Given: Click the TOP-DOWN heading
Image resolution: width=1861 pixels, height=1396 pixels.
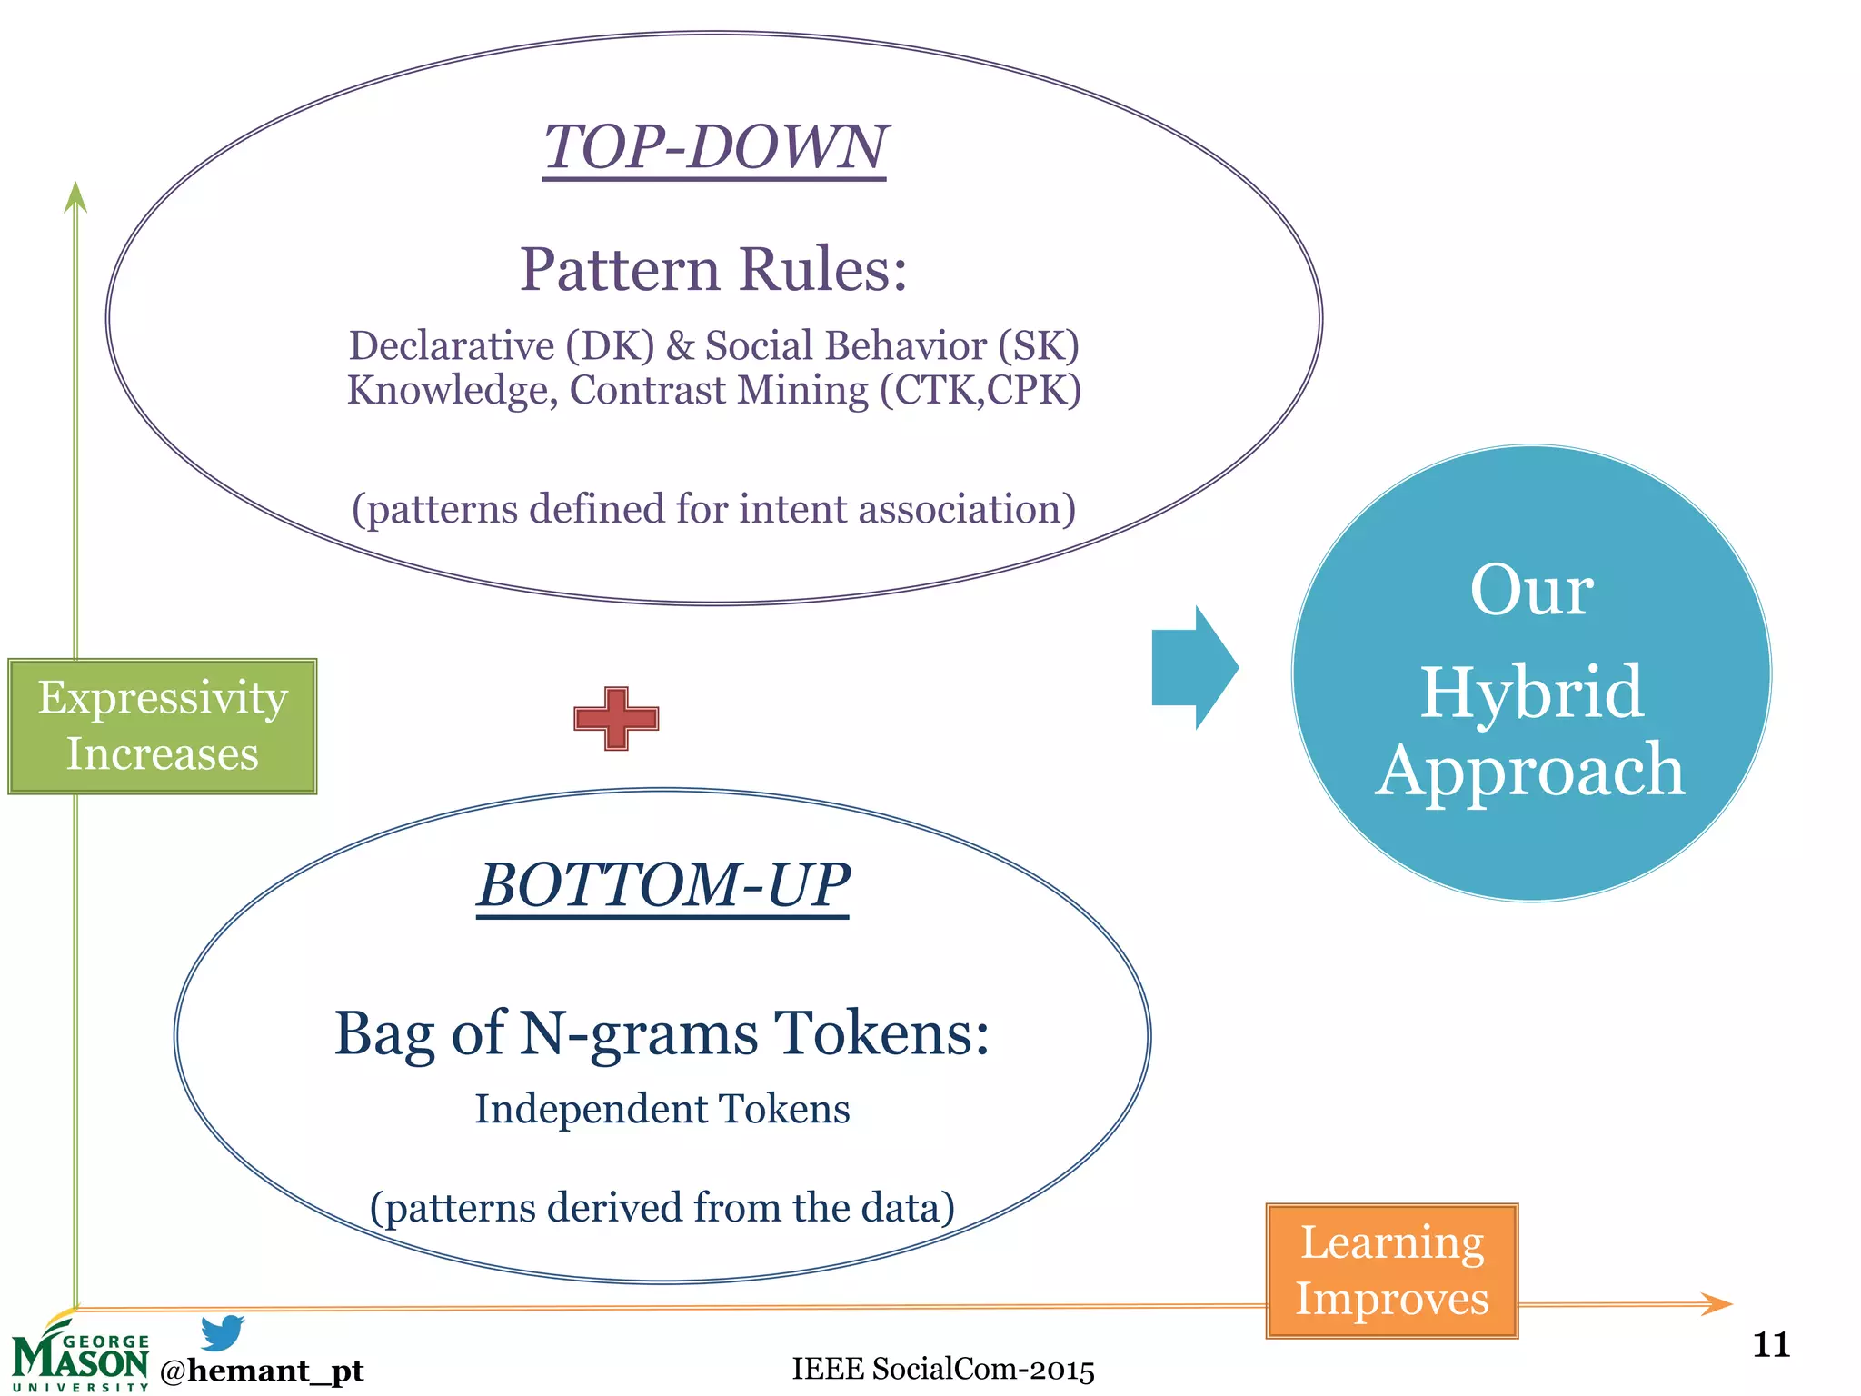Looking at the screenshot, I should tap(714, 147).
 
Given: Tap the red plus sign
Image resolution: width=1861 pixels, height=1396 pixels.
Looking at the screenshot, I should tap(616, 719).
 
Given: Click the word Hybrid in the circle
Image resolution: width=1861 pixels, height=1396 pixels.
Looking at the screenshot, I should tap(1531, 693).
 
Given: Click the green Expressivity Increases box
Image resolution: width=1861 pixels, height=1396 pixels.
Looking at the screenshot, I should tap(163, 726).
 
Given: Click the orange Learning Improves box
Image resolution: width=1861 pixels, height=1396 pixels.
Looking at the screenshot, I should tap(1391, 1271).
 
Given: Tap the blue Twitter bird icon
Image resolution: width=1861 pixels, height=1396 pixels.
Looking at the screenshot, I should tap(223, 1332).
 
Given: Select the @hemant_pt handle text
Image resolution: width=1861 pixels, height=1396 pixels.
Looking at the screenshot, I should tap(262, 1371).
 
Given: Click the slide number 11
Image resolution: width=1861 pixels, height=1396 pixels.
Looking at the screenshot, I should tap(1770, 1344).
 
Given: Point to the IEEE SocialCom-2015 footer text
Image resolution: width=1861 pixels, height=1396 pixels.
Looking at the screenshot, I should tap(942, 1369).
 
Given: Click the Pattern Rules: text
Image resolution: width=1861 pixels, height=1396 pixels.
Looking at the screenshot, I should tap(713, 270).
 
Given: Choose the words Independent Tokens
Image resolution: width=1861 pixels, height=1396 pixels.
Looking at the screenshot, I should tap(662, 1109).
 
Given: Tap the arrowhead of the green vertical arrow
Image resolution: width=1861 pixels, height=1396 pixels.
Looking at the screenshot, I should tap(75, 196).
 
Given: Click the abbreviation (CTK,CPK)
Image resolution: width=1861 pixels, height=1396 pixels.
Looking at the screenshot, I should tap(980, 391).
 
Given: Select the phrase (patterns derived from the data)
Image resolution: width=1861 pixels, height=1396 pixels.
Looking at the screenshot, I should tap(662, 1208).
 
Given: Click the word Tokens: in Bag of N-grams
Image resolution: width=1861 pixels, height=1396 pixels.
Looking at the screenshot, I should tap(881, 1034).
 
